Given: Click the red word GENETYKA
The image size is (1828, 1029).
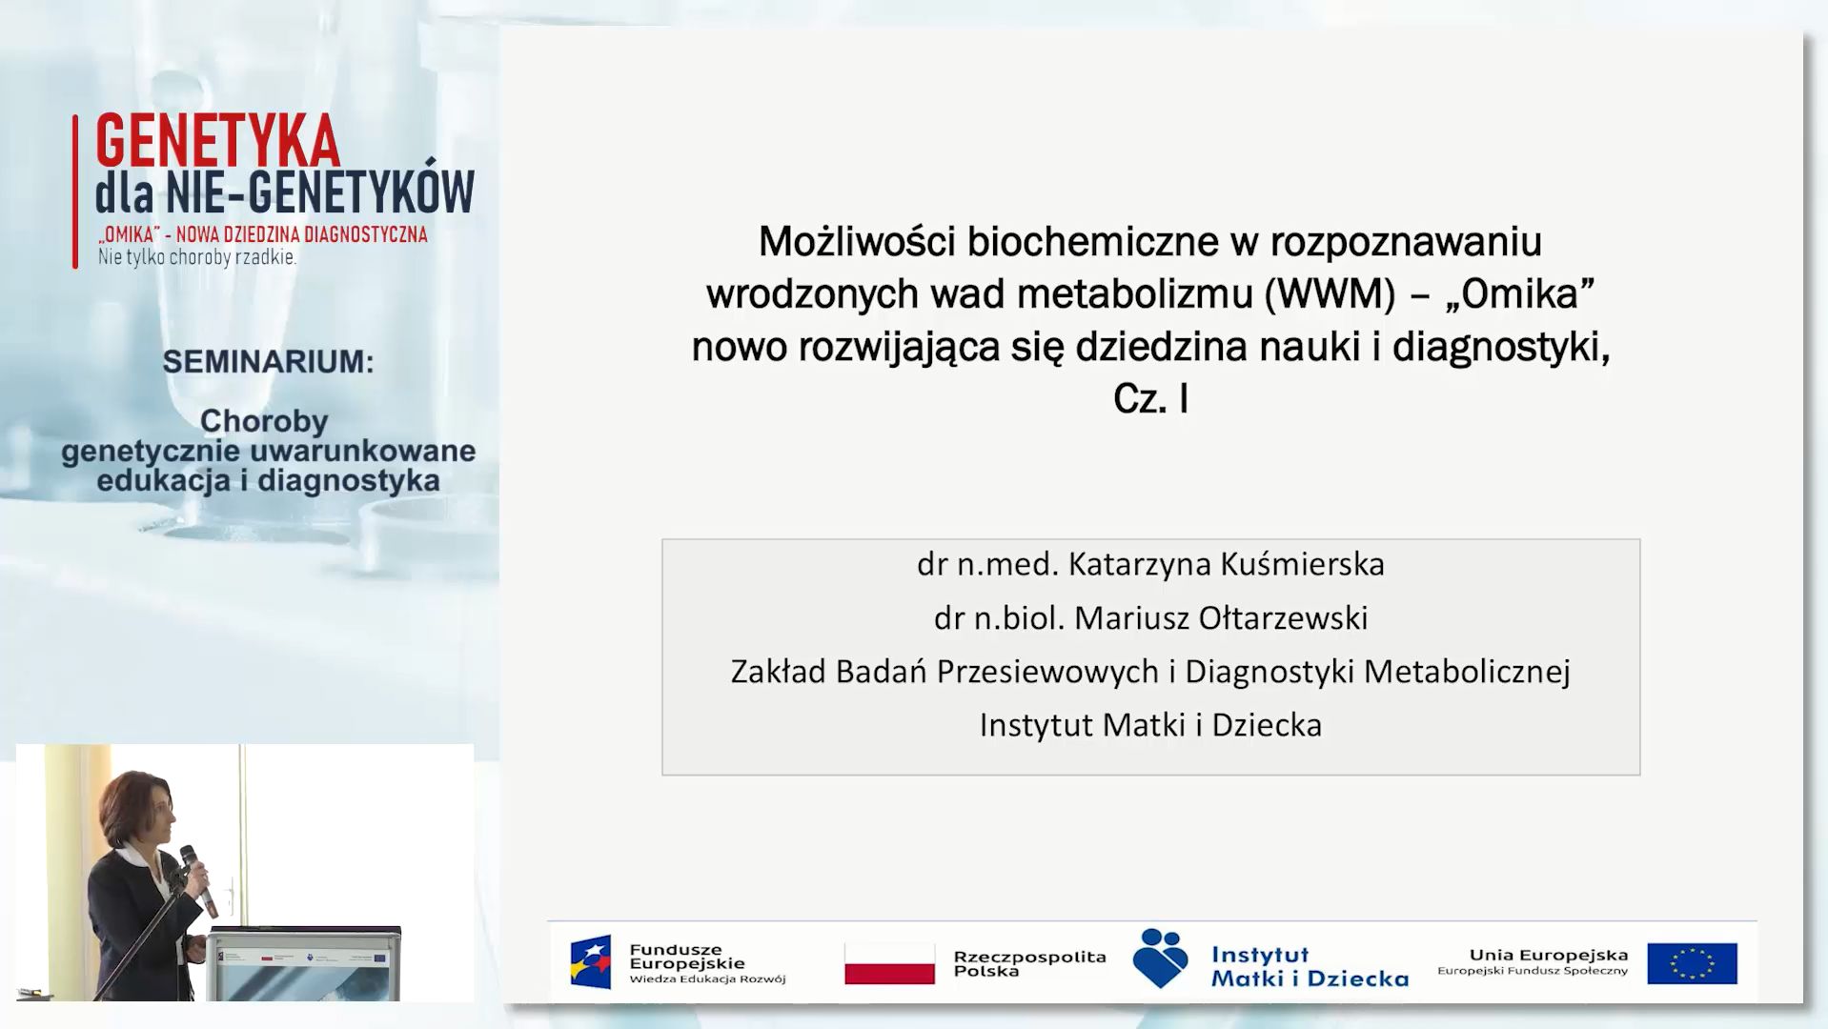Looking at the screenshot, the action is click(x=217, y=142).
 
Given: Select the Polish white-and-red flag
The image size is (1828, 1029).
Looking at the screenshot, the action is click(x=889, y=963).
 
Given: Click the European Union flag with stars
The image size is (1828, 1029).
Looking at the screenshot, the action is click(x=1692, y=963).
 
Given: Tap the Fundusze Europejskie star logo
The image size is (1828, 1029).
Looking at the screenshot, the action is click(x=591, y=962).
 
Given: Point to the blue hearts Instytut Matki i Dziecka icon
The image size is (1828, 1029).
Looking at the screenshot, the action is click(x=1160, y=958).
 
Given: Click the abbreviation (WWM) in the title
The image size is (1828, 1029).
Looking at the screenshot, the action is click(x=1330, y=293).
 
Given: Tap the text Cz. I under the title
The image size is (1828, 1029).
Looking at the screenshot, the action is click(x=1150, y=398).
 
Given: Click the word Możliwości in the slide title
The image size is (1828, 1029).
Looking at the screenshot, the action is click(x=857, y=242).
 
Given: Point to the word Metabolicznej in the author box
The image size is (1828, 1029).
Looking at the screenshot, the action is click(x=1467, y=672).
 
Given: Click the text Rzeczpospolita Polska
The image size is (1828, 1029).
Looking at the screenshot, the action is click(x=1029, y=963).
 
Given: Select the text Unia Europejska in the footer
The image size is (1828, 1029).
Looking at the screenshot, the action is click(x=1549, y=955).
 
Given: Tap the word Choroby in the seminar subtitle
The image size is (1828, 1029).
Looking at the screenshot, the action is click(x=264, y=421).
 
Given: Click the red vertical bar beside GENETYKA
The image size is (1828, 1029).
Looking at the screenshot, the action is click(x=75, y=192).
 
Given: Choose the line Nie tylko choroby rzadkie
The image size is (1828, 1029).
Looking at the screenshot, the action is click(x=197, y=257).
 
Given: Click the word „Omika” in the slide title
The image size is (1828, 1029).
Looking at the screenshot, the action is click(x=1520, y=293).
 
